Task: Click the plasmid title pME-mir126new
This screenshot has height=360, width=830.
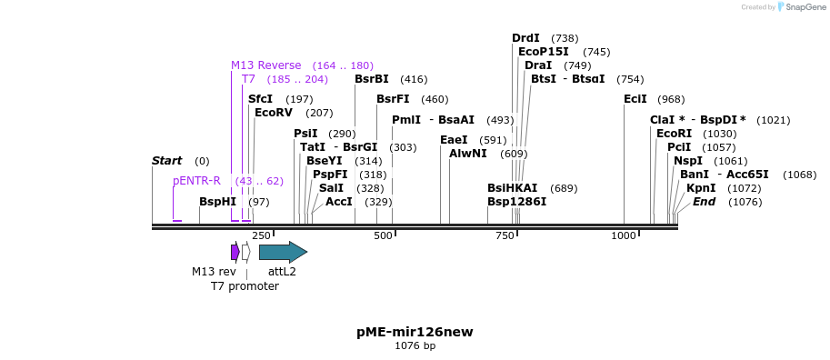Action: click(x=415, y=332)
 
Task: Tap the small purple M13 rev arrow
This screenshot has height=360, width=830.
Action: click(x=235, y=252)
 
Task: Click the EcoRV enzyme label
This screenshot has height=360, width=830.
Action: click(x=274, y=113)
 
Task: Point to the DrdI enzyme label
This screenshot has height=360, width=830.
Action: click(x=525, y=38)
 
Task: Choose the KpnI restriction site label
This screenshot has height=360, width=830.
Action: click(x=701, y=188)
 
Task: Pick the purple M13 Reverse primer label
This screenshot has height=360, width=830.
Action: click(x=265, y=65)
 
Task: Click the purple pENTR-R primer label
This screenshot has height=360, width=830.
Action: click(x=196, y=181)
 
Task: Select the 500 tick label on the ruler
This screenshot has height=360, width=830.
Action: click(x=383, y=236)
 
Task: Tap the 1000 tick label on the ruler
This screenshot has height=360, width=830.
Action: click(x=624, y=236)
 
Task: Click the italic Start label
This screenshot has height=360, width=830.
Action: click(x=166, y=161)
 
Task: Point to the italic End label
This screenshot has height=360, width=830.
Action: click(x=704, y=202)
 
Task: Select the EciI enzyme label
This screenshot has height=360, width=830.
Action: click(x=635, y=99)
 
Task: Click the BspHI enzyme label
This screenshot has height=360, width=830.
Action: click(x=217, y=202)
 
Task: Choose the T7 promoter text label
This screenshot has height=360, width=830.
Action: click(x=245, y=286)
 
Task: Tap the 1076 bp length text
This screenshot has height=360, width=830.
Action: click(x=415, y=346)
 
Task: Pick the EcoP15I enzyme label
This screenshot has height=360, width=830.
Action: click(x=543, y=52)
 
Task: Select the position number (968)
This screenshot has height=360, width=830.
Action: click(x=671, y=99)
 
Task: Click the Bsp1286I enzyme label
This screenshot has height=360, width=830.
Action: click(x=516, y=202)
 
